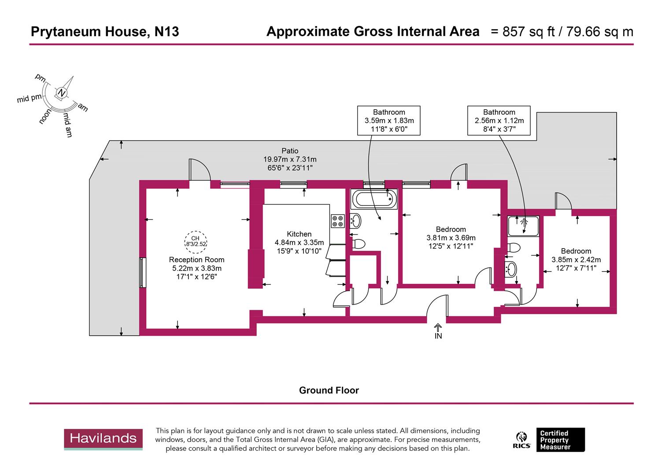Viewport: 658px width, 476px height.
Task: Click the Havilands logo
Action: [x=104, y=439]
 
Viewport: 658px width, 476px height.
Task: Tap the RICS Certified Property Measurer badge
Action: [x=551, y=440]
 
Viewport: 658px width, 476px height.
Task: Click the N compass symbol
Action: [x=62, y=93]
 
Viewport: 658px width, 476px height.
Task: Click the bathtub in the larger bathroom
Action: [x=374, y=199]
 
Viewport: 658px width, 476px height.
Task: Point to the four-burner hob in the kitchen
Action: [x=338, y=221]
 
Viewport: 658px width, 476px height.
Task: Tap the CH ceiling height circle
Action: [x=196, y=241]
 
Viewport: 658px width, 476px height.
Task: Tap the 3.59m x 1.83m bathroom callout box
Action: [x=389, y=120]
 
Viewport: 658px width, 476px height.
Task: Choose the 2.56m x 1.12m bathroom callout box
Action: [x=499, y=120]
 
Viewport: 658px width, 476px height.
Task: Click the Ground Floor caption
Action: [x=329, y=390]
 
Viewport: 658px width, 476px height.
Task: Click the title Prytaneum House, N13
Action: [x=105, y=32]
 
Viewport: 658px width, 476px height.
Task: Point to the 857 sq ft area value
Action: [x=522, y=32]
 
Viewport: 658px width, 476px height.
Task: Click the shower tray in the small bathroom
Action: [x=523, y=226]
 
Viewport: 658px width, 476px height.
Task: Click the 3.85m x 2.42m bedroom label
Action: [x=576, y=259]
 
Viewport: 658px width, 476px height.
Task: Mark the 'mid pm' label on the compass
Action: [x=30, y=98]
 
